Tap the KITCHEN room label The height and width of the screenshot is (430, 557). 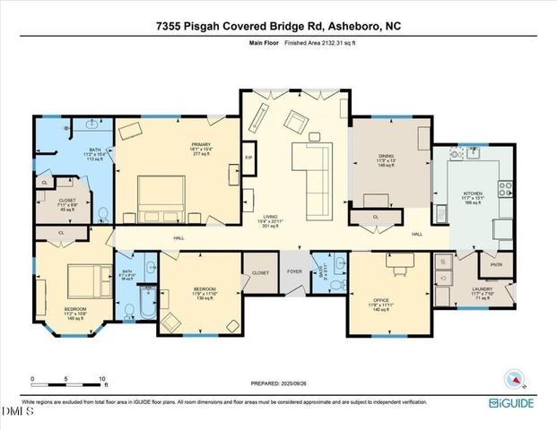[473, 193]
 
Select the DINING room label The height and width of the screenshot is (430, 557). [387, 157]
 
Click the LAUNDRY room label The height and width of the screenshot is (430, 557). [482, 289]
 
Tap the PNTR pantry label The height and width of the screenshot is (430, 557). [496, 265]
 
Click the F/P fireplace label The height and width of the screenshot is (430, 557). [249, 159]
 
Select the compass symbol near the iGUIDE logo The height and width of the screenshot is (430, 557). [514, 379]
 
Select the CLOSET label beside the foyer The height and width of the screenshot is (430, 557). [260, 271]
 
